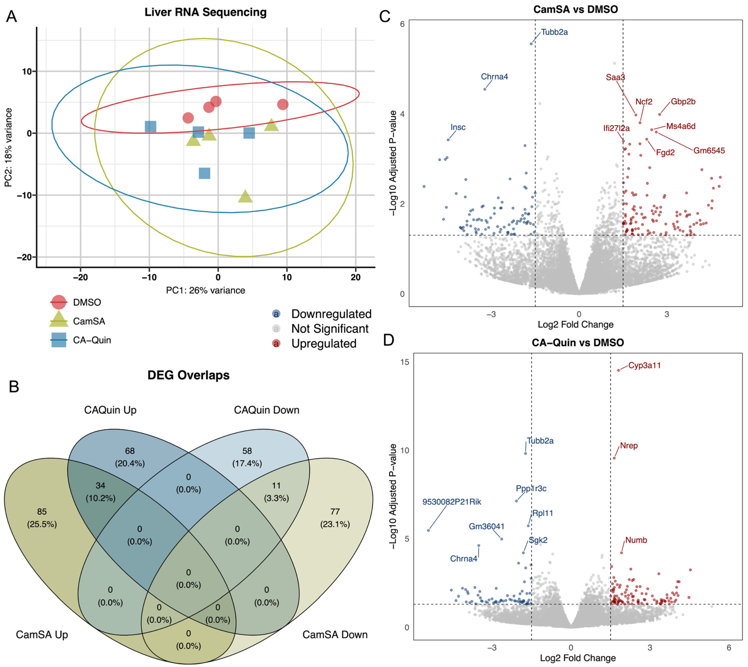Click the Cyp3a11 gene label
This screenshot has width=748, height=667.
pyautogui.click(x=644, y=365)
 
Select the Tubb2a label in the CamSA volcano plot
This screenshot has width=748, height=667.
pyautogui.click(x=554, y=32)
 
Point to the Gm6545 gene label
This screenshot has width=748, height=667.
pyautogui.click(x=709, y=151)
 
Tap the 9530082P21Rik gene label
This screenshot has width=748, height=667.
pyautogui.click(x=451, y=502)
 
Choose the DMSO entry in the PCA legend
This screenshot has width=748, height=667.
pyautogui.click(x=87, y=302)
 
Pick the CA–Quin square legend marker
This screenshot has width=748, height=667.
pyautogui.click(x=59, y=340)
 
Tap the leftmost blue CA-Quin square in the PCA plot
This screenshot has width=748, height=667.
pyautogui.click(x=150, y=126)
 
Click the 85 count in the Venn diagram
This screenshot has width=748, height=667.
pyautogui.click(x=42, y=511)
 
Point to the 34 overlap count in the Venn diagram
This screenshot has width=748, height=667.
pyautogui.click(x=100, y=486)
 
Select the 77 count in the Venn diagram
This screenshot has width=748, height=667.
pyautogui.click(x=335, y=511)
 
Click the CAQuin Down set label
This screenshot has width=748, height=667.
pyautogui.click(x=267, y=410)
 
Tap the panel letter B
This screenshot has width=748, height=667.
pyautogui.click(x=14, y=387)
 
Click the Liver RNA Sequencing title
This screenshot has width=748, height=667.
pyautogui.click(x=205, y=12)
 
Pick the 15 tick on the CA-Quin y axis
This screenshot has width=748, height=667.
pyautogui.click(x=404, y=362)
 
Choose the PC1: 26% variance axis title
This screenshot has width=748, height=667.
pyautogui.click(x=205, y=290)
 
